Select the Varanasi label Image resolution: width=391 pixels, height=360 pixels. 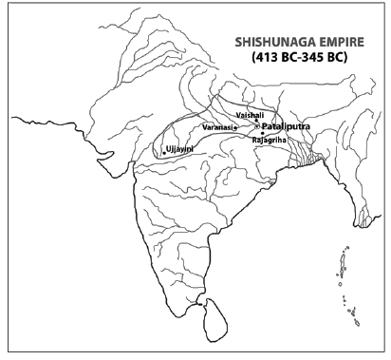217,126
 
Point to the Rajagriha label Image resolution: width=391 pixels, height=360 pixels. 270,139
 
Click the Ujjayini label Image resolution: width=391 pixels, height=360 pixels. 183,149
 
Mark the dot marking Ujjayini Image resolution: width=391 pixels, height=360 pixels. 164,152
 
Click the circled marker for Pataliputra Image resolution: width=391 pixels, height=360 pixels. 256,124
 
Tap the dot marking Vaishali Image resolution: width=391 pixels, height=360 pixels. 253,119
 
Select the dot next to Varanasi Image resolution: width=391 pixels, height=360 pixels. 235,127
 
